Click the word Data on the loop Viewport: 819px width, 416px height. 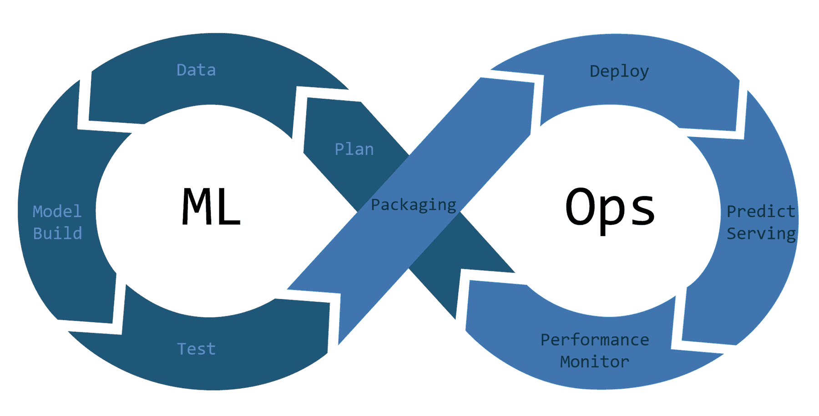[x=196, y=70]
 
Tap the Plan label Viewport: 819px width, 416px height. [x=354, y=149]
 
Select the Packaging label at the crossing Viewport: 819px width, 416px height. [x=413, y=205]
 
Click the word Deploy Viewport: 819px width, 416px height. [x=619, y=71]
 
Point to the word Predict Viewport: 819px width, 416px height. [x=761, y=211]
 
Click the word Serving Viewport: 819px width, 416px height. [x=761, y=233]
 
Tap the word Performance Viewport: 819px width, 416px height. [x=595, y=340]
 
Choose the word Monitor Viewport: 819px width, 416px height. [x=595, y=362]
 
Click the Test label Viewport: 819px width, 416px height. [x=196, y=349]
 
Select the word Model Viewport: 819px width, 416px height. [x=57, y=211]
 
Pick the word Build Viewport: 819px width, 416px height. [x=57, y=233]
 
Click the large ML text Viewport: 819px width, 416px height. [x=211, y=207]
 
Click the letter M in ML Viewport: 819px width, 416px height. [x=195, y=207]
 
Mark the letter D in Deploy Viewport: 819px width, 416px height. [x=595, y=71]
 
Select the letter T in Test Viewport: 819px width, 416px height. [x=182, y=349]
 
